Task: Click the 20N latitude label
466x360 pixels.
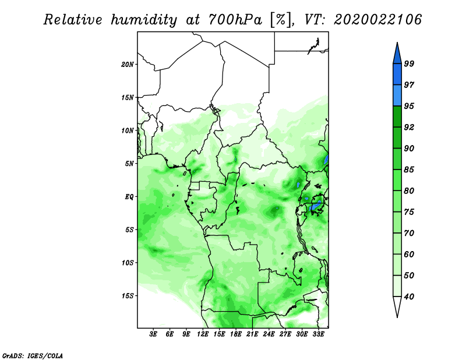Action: [x=127, y=65]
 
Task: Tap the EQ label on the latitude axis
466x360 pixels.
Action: [x=129, y=197]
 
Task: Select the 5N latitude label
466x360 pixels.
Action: [x=129, y=164]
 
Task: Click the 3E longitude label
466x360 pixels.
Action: [x=153, y=334]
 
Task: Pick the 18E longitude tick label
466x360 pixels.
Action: [x=236, y=334]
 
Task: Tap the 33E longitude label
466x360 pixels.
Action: [x=318, y=334]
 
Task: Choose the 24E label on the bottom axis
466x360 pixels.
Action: [x=269, y=334]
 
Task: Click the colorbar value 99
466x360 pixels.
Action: [x=409, y=63]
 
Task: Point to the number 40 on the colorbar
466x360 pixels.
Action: [x=409, y=297]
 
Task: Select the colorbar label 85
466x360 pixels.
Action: [x=409, y=170]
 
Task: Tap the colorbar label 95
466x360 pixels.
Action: [x=409, y=106]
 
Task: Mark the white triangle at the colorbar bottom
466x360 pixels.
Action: [x=397, y=305]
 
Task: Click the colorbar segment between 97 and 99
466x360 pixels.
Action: [x=397, y=75]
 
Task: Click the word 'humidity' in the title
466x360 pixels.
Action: [x=144, y=20]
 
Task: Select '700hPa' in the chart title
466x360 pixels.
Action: [x=236, y=20]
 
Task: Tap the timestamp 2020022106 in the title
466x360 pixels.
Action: [x=377, y=20]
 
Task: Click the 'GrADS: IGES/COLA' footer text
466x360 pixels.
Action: [x=33, y=355]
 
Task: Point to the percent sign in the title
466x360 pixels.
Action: [x=280, y=20]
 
